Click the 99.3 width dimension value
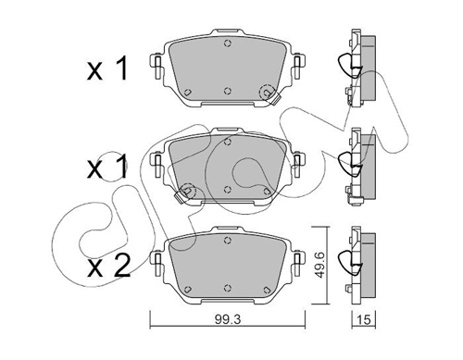[x=228, y=319]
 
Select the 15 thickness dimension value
[x=364, y=319]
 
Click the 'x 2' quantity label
[x=108, y=267]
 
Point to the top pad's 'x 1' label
[x=107, y=69]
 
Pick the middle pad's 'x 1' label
[x=107, y=168]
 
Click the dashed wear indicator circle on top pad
[x=268, y=92]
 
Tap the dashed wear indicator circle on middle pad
[x=188, y=191]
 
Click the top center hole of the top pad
[x=228, y=43]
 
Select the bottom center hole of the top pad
[x=228, y=91]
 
